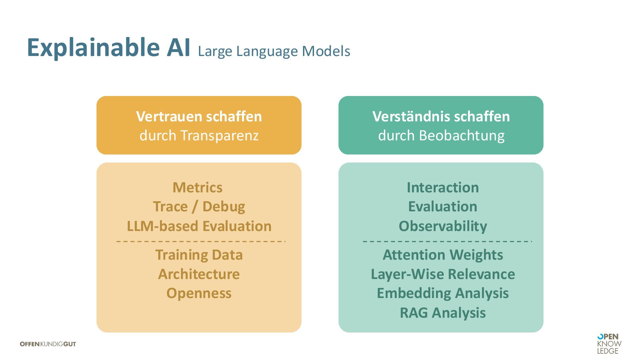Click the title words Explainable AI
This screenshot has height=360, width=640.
pos(108,47)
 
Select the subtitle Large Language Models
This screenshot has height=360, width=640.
pos(274,51)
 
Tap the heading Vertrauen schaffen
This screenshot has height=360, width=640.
pos(199,116)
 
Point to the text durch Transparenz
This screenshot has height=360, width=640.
pos(199,135)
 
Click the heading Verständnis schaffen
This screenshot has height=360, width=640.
pos(441,116)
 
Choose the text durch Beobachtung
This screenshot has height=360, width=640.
pos(441,135)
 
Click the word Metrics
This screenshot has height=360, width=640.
pos(197,187)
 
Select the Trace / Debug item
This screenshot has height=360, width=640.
pos(199,207)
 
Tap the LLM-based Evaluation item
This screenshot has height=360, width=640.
pos(199,226)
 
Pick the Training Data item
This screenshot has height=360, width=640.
pos(199,255)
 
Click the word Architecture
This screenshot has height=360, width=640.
pos(199,274)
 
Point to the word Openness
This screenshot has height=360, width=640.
pos(199,293)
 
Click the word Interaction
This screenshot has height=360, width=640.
pos(443,187)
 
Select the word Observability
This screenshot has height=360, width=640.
pos(443,226)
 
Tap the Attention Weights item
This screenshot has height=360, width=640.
pos(443,255)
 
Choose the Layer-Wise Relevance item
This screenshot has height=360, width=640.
pos(443,274)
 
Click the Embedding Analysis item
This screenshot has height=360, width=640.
pos(443,293)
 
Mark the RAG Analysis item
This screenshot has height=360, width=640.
pos(443,313)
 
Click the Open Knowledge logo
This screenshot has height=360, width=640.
pos(609,344)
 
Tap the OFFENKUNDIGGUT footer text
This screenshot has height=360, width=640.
pos(48,344)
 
